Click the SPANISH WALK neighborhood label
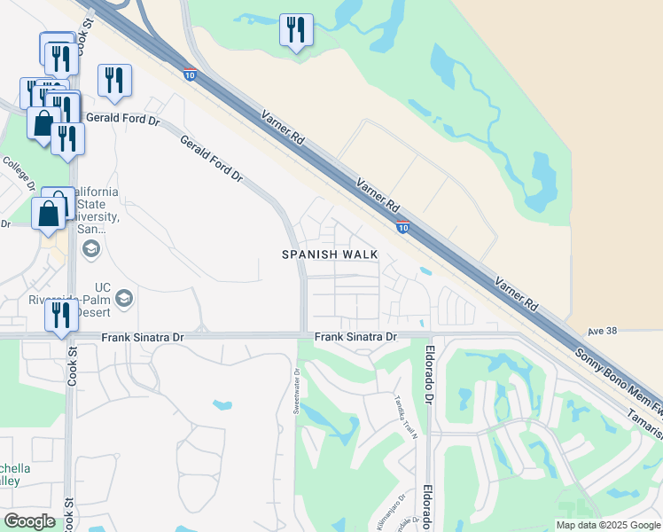coord(330,254)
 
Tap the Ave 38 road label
coord(603,331)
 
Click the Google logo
coord(29,520)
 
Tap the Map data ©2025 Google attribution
coord(607,525)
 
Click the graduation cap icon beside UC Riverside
coord(123,297)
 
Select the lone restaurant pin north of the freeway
coord(296,31)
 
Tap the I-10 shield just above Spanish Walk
coord(403,227)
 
